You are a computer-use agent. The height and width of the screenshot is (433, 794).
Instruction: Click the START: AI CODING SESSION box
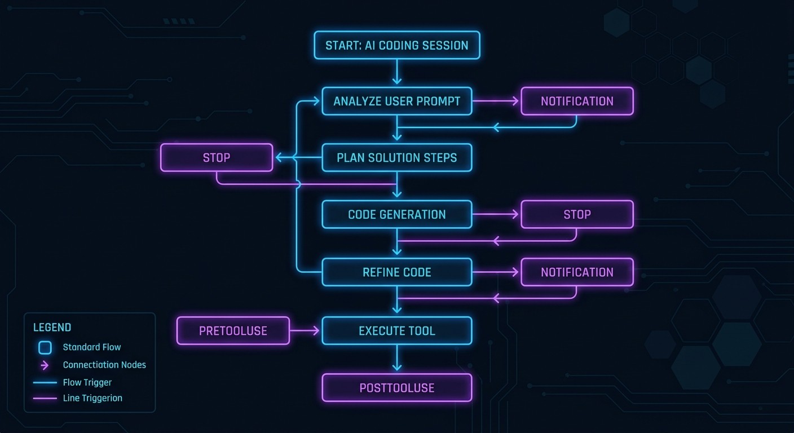(x=396, y=45)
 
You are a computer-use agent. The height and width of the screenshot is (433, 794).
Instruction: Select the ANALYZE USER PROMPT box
(x=396, y=101)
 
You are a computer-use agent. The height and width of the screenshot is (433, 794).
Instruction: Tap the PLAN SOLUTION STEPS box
(x=396, y=158)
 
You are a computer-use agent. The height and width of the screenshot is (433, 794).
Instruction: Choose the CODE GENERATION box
(x=396, y=214)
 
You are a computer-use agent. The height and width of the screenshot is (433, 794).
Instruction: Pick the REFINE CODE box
(x=396, y=272)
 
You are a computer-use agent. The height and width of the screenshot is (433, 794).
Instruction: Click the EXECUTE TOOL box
(x=396, y=330)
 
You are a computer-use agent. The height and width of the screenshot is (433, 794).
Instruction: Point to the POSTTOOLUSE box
(x=396, y=388)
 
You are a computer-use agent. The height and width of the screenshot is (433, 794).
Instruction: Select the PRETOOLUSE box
(x=233, y=330)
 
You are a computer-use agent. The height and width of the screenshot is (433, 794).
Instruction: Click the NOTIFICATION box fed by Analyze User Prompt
(x=577, y=101)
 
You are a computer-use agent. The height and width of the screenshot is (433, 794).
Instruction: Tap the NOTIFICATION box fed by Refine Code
(x=577, y=272)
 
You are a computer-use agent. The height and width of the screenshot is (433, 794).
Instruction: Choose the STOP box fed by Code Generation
(x=577, y=214)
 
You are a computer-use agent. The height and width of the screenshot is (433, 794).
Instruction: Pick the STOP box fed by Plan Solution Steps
(x=217, y=158)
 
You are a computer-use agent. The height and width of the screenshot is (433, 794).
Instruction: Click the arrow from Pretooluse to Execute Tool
(x=306, y=330)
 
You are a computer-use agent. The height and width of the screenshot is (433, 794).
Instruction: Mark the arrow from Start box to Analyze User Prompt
(x=397, y=73)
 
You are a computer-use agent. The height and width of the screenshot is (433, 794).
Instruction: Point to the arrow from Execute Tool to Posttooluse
(x=397, y=359)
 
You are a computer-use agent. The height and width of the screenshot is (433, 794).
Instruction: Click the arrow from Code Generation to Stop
(x=496, y=214)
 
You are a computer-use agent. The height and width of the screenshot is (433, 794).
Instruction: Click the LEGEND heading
(x=52, y=328)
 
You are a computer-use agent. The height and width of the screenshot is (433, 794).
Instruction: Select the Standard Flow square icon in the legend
(x=45, y=347)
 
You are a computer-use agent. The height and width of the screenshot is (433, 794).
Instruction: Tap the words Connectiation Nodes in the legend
(x=104, y=365)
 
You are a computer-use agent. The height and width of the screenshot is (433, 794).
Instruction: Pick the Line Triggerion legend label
(x=92, y=398)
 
